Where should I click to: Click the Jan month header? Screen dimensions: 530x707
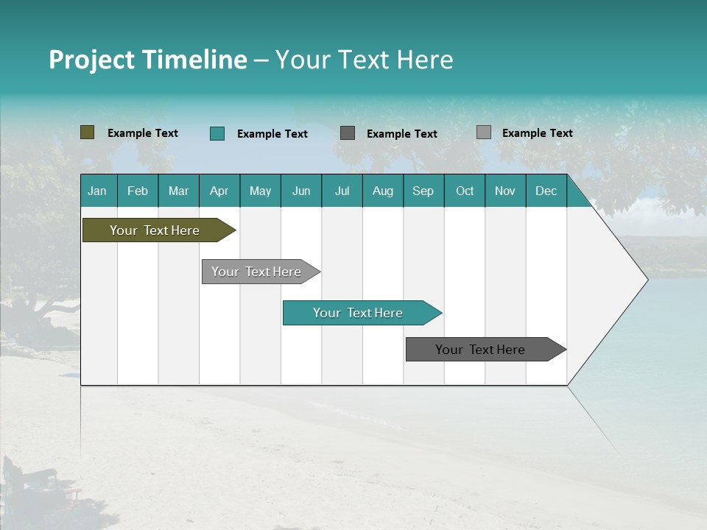coord(97,191)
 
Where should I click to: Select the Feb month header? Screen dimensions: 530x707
coord(138,191)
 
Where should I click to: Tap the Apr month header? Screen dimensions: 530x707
coord(219,191)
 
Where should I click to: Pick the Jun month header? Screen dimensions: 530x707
coord(301,191)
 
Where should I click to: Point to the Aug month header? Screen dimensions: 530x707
coord(382,191)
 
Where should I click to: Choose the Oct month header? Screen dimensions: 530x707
coord(465,191)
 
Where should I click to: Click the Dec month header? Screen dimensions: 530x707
coord(546,191)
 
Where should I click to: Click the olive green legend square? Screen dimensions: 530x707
coord(88,132)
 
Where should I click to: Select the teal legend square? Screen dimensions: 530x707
coord(217,133)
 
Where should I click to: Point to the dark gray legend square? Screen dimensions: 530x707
coord(348,133)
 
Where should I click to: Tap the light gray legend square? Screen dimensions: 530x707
coord(483,132)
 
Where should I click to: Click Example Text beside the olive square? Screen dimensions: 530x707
coord(143,133)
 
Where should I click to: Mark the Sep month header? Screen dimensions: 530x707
coord(423,191)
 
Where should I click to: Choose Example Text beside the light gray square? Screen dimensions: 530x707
coord(538,133)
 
